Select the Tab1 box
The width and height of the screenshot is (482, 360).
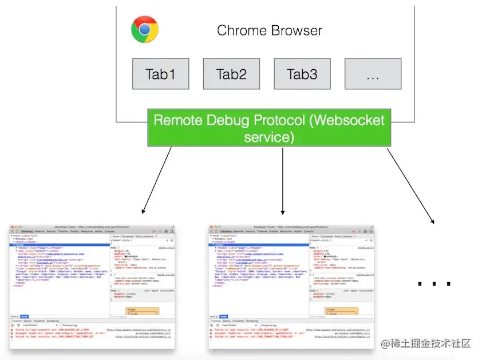pos(161,74)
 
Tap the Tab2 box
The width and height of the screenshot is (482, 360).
pos(231,74)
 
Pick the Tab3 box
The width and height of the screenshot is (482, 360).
pos(302,74)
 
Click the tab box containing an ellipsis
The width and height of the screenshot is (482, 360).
pos(373,74)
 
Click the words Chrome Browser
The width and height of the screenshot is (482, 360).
pos(270,30)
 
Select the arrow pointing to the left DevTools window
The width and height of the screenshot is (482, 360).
pos(157,179)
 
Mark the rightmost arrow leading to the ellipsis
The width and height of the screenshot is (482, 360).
pos(410,184)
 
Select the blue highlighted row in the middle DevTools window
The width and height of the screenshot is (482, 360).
pos(258,244)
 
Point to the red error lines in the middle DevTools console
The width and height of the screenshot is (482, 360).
pos(252,334)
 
